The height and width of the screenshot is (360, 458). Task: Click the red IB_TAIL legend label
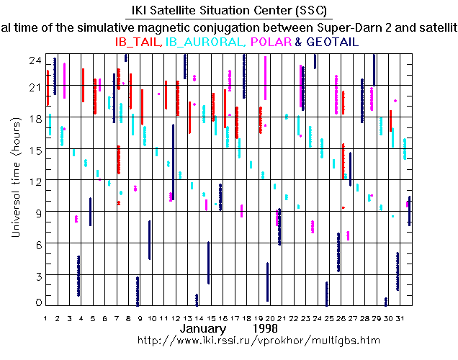(139, 42)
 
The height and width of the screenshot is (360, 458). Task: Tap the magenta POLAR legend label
(271, 42)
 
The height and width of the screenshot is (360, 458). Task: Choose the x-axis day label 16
(223, 317)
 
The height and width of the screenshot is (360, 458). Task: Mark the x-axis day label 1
(46, 317)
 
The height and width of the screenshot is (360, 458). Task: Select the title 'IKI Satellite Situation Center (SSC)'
(228, 11)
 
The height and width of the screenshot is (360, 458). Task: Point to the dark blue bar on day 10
(149, 240)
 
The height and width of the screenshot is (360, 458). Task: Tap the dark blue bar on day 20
(267, 282)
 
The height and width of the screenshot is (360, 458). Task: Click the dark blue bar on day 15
(208, 263)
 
